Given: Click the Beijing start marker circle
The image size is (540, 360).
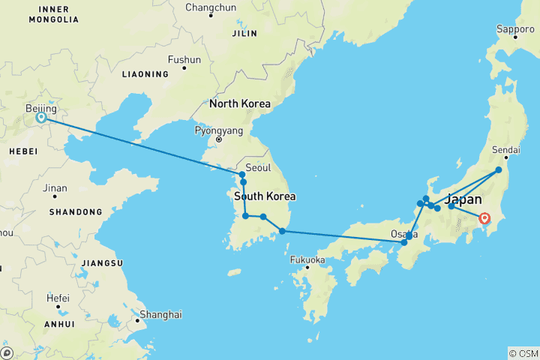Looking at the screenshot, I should point(41,117).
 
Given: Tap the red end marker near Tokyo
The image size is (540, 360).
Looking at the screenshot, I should point(484,218).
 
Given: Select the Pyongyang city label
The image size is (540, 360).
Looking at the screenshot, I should point(217,130).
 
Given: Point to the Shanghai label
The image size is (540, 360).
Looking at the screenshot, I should point(160,314).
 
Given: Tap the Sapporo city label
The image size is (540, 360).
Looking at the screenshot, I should point(515,29).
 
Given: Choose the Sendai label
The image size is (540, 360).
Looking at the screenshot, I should point(505,150).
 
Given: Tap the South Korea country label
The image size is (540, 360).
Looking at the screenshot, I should point(265,196).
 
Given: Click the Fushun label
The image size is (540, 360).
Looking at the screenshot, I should point(184,59).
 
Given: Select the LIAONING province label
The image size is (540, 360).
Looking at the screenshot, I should point(145,74).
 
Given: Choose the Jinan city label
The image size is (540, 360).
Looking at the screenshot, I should point(55,188).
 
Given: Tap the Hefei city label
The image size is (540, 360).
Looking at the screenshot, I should point(58,298).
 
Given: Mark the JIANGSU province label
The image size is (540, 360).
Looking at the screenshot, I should point(103,263).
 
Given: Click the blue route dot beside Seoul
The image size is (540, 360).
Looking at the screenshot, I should point(242,175).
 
